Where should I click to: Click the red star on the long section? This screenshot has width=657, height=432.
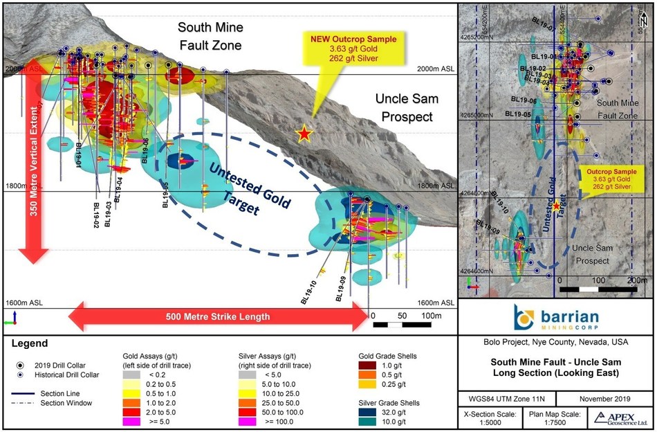tap(304, 134)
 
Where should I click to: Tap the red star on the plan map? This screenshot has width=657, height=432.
tap(557, 206)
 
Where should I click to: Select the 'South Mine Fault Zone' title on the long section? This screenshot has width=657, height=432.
tap(210, 37)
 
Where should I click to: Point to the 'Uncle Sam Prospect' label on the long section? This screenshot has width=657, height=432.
tap(404, 108)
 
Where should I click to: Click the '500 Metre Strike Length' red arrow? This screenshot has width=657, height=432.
tap(218, 317)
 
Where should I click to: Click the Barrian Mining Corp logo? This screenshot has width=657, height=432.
tap(557, 318)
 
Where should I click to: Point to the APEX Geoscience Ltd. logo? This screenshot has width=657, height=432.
tap(617, 418)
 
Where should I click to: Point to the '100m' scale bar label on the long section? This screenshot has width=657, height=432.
tap(432, 315)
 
